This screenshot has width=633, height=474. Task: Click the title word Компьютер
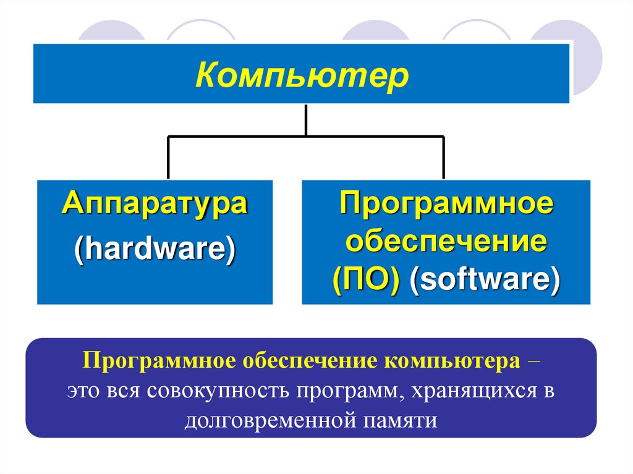[x=302, y=77]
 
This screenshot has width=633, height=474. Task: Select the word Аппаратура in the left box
[x=155, y=205]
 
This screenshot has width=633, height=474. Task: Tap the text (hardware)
[x=155, y=252]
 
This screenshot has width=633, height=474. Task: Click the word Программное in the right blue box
[x=446, y=205]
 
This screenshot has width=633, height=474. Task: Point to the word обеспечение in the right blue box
[x=446, y=242]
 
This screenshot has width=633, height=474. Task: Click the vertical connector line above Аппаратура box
[x=168, y=158]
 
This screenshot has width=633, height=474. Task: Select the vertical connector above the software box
[x=443, y=158]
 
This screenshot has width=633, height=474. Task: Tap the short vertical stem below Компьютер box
[x=306, y=119]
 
